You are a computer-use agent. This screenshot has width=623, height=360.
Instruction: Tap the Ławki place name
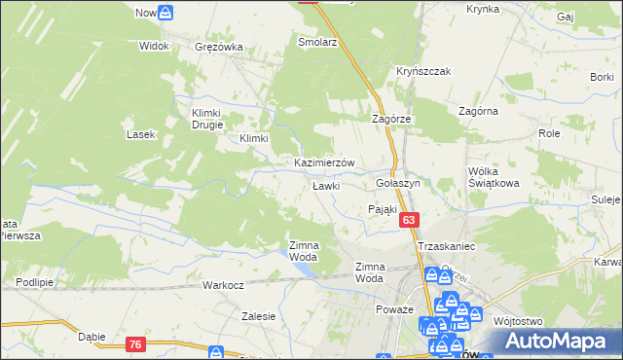click(x=325, y=185)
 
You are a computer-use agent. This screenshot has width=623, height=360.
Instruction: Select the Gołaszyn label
click(x=397, y=183)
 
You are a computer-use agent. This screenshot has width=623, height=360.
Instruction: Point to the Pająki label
click(x=384, y=208)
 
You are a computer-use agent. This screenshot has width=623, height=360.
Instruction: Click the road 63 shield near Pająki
click(x=408, y=222)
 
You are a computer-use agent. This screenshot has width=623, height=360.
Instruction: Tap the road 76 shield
click(x=135, y=343)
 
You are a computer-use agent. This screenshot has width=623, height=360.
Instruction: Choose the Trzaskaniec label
click(x=446, y=247)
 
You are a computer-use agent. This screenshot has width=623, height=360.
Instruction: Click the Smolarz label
click(x=316, y=44)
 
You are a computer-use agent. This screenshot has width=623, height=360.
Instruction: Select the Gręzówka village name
click(x=218, y=46)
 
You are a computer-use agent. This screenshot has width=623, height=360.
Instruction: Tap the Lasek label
click(x=142, y=134)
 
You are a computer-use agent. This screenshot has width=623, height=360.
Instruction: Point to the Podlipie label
click(x=34, y=282)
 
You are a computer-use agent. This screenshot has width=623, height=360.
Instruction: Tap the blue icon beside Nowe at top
click(x=166, y=14)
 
